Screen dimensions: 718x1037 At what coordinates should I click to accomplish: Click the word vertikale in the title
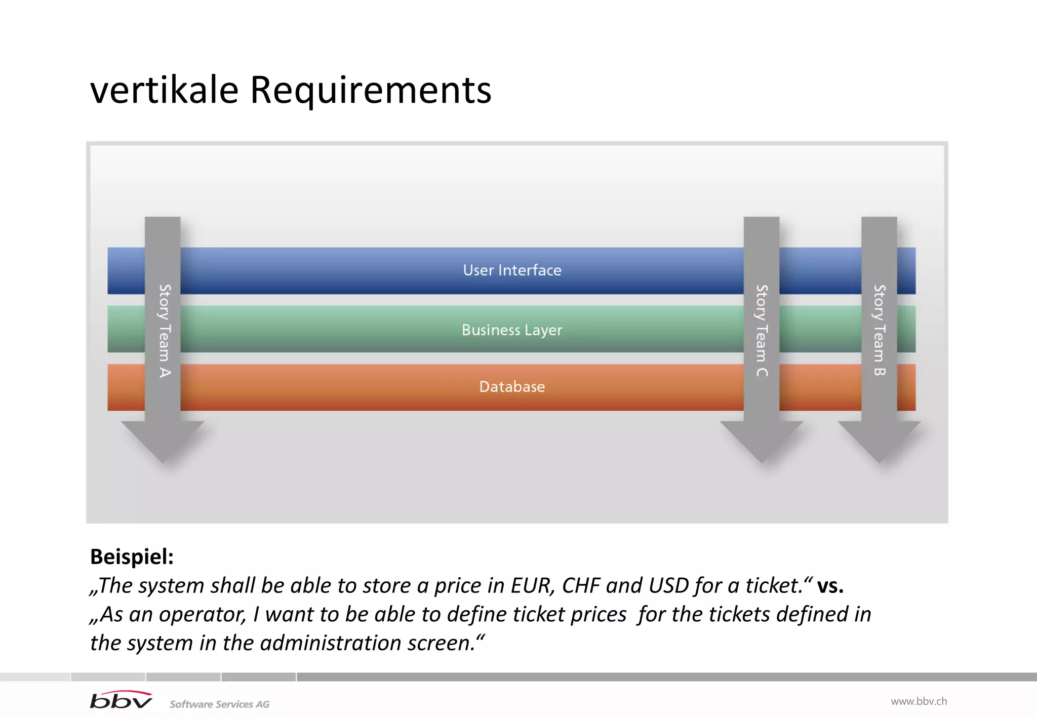(x=164, y=90)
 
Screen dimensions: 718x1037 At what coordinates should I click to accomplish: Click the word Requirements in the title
(x=370, y=90)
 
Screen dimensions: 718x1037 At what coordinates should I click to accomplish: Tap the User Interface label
(x=512, y=270)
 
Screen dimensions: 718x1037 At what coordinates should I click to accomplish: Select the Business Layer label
(x=512, y=330)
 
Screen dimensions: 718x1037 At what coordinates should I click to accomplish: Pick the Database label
(x=512, y=386)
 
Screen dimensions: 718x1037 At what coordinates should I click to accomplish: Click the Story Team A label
(x=164, y=330)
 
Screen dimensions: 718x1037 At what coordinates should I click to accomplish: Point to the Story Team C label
(x=762, y=330)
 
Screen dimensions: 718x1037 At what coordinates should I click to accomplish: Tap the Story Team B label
(x=879, y=330)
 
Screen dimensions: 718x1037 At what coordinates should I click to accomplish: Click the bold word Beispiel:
(x=132, y=556)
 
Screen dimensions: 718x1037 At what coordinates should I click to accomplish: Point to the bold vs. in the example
(x=830, y=585)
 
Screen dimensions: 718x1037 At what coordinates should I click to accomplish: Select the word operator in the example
(x=203, y=614)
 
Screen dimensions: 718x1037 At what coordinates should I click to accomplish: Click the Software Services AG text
(x=219, y=704)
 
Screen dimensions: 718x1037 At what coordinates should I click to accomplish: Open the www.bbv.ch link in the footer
(x=919, y=701)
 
